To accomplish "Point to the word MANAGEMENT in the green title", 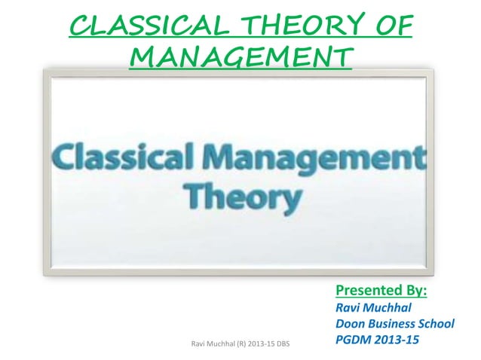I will click(240, 57).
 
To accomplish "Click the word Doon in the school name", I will click(349, 324).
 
